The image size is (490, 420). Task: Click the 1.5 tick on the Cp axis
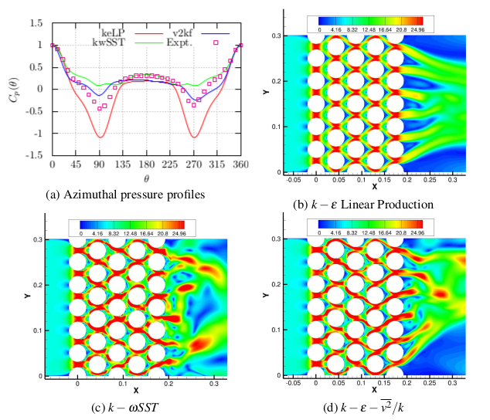pyautogui.click(x=36, y=24)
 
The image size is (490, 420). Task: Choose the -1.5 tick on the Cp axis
pyautogui.click(x=35, y=155)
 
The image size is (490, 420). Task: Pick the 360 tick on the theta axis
pyautogui.click(x=241, y=165)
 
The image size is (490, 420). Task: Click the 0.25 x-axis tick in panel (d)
pyautogui.click(x=428, y=382)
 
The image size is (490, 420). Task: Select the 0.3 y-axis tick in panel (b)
pyautogui.click(x=276, y=36)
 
